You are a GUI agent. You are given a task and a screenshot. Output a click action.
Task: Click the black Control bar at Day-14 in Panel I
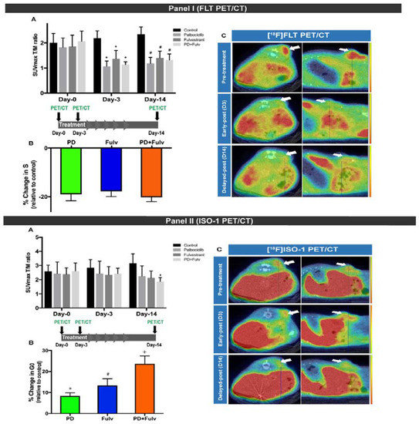141,62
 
